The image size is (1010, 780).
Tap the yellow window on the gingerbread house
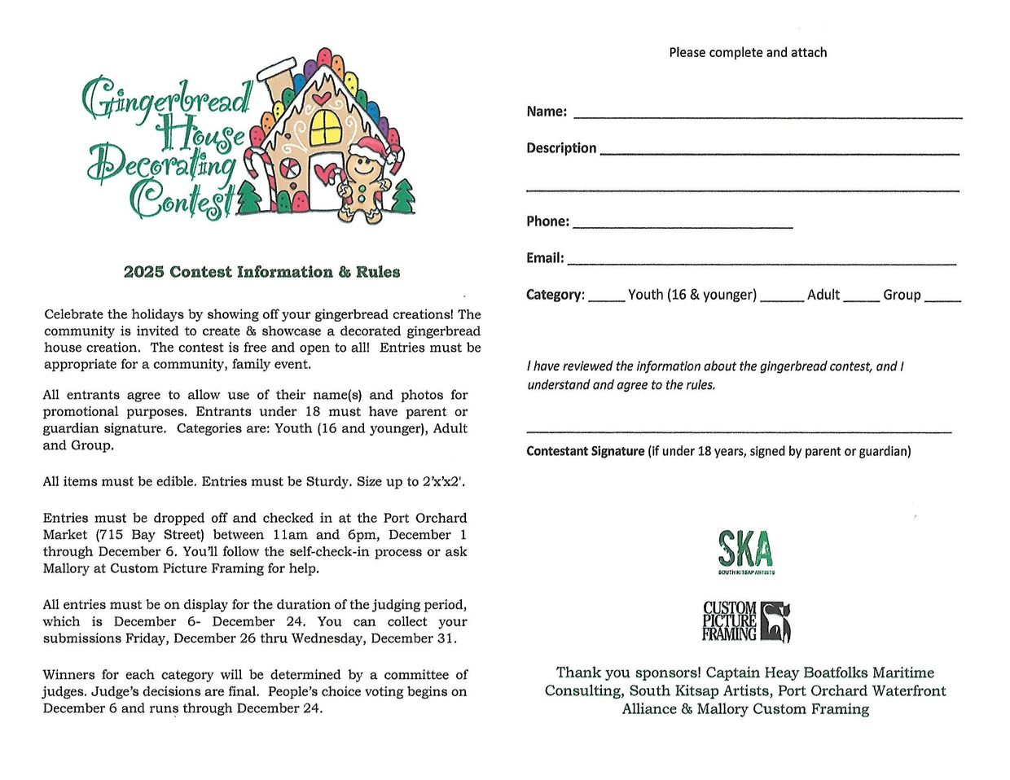(x=326, y=126)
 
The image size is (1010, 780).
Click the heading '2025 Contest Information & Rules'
(x=261, y=272)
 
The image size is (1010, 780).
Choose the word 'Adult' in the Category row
(x=823, y=295)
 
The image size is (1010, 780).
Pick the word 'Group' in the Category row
(x=901, y=295)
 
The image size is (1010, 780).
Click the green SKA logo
(x=745, y=551)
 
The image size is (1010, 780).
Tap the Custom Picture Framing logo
(x=746, y=622)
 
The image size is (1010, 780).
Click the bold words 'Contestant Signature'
(x=585, y=451)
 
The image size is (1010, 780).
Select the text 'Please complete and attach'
(x=748, y=52)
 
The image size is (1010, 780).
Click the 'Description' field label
(x=561, y=148)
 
